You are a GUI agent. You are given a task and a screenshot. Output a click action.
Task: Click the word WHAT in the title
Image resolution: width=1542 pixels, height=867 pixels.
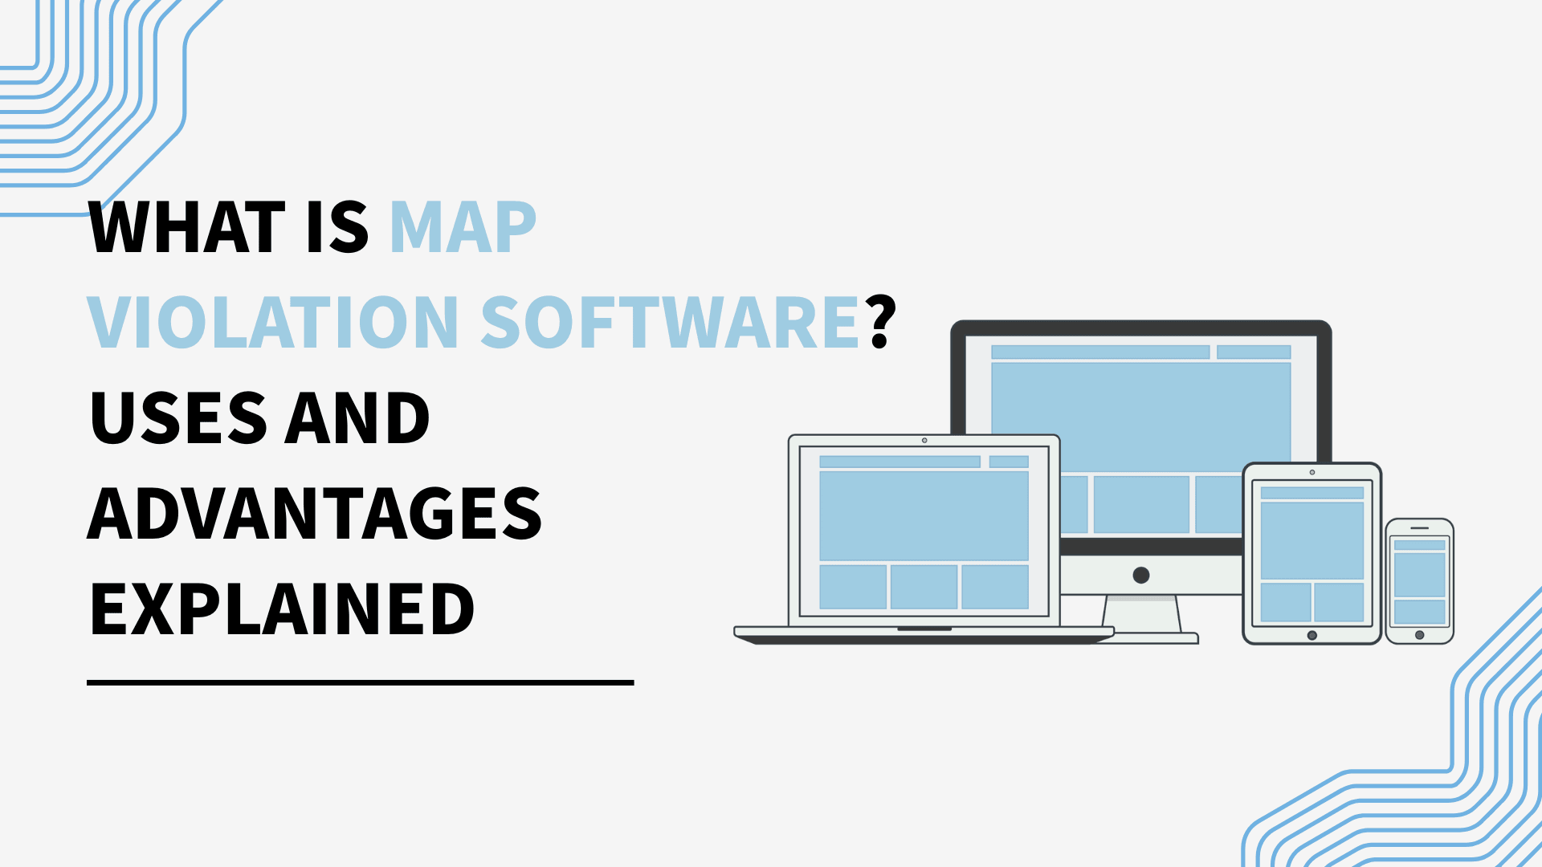(x=186, y=228)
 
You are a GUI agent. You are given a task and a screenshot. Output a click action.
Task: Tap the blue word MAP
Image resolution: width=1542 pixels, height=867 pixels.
(x=463, y=228)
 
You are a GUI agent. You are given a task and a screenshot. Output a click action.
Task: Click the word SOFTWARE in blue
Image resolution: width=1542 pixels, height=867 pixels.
(x=671, y=323)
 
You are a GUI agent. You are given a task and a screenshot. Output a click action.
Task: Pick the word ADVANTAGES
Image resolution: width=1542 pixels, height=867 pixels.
(x=315, y=514)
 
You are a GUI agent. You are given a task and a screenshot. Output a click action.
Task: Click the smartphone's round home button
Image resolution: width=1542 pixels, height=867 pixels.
(x=1419, y=635)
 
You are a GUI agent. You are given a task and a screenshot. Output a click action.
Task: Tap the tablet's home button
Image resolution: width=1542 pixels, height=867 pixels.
(x=1312, y=635)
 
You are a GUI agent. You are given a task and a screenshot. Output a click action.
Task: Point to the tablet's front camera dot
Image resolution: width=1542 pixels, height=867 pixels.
(x=1312, y=472)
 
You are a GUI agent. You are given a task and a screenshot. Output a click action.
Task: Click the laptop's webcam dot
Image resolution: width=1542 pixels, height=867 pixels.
(x=924, y=441)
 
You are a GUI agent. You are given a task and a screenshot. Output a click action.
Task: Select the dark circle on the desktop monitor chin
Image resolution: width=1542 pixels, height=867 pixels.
(x=1140, y=575)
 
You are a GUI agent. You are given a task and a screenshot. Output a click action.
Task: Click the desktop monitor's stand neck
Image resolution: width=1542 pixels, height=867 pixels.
(x=1142, y=614)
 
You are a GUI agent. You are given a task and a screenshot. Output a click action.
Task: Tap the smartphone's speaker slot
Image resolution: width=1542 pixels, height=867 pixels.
(x=1419, y=528)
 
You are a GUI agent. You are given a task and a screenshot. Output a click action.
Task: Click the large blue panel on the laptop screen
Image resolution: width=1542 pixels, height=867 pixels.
(x=924, y=515)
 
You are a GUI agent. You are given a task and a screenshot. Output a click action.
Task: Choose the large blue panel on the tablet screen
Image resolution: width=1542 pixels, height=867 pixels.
(x=1312, y=540)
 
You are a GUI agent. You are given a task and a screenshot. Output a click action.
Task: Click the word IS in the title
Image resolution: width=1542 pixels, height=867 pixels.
(x=337, y=228)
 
